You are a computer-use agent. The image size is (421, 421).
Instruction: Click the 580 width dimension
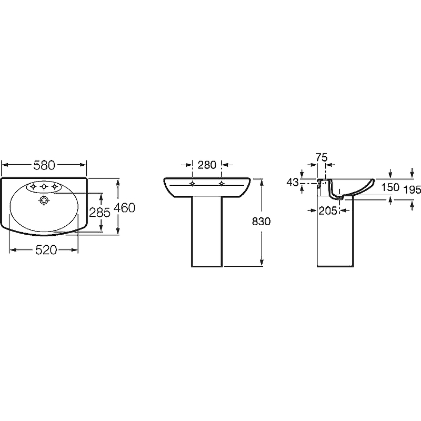coord(44,165)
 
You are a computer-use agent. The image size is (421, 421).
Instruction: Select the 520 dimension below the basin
coord(46,250)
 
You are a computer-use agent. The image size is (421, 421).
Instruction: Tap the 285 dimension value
coord(99,213)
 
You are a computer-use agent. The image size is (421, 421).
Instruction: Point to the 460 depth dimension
coord(124,207)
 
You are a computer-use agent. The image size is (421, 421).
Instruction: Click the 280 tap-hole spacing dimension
coord(207,165)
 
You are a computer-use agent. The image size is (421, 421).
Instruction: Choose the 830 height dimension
coord(261,222)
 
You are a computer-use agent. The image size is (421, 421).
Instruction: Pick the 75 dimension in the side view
coord(322,157)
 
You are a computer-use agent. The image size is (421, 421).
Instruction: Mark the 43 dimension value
coord(293,182)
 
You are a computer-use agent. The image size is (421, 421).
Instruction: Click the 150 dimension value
coord(390,187)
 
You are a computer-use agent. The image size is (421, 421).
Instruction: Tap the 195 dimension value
coord(413,190)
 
